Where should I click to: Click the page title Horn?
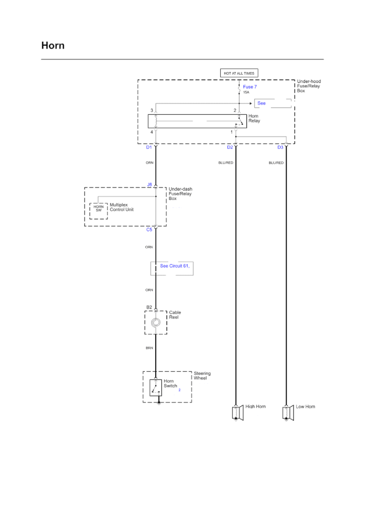pos(52,46)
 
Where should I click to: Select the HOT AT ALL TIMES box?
pos(240,73)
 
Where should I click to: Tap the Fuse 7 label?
pos(250,87)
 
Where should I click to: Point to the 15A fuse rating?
pos(246,93)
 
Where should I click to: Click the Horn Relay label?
pos(254,119)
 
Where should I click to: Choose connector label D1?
pos(149,147)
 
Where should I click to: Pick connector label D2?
pos(230,147)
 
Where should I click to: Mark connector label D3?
pos(280,147)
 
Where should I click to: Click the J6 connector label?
pos(149,185)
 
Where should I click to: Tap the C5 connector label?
pos(149,230)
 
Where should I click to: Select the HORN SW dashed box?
pos(99,210)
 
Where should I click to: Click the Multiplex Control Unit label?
pos(122,207)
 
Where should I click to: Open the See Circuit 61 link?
pos(174,266)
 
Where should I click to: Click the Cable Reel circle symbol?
pos(156,323)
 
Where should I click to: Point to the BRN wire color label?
pos(149,348)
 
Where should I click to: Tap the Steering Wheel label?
pos(202,376)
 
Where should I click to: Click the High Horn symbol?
pos(236,412)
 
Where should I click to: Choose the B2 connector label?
pos(149,307)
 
